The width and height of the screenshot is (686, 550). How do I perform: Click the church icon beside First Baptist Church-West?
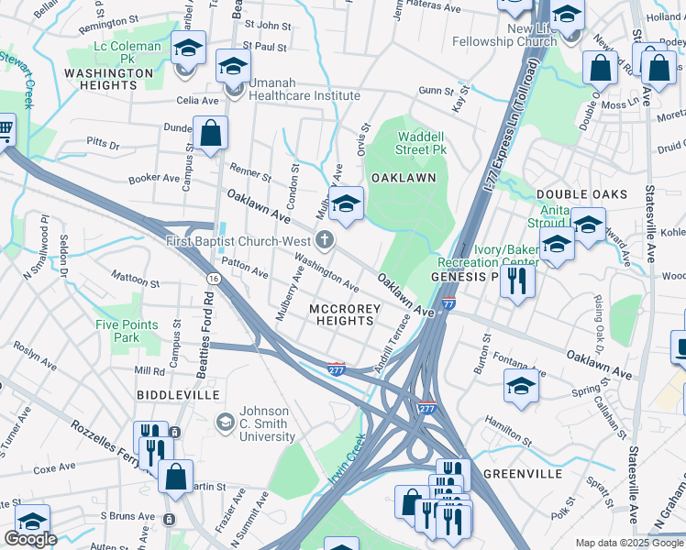[x=323, y=241]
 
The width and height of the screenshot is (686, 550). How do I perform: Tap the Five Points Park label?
[x=127, y=331]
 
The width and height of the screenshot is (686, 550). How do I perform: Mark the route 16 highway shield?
[x=213, y=278]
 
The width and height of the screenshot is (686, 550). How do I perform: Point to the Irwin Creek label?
[x=348, y=458]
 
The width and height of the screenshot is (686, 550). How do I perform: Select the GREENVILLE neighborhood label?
[x=522, y=474]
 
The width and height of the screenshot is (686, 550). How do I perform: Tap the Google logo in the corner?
[x=30, y=539]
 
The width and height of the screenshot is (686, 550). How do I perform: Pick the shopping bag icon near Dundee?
[x=211, y=133]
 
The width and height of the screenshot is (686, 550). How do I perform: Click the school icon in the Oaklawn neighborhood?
[x=347, y=205]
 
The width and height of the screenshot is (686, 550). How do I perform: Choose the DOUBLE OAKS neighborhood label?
[x=581, y=194]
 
